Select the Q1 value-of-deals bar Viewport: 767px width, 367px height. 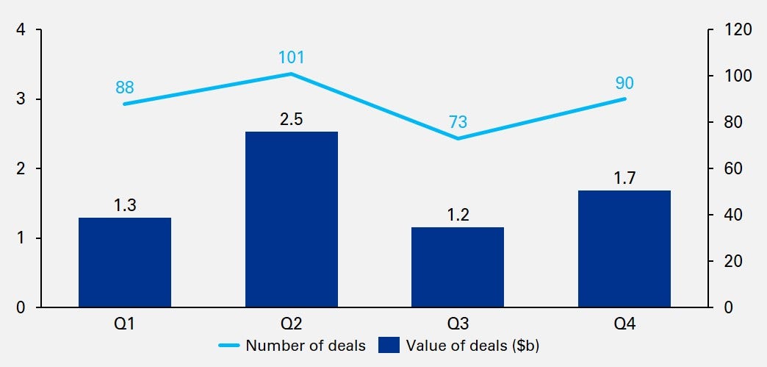125,262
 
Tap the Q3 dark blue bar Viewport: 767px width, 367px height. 458,267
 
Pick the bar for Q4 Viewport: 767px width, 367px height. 624,249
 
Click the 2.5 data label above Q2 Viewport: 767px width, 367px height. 292,118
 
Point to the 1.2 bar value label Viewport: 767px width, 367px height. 458,215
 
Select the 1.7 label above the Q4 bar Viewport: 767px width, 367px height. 624,178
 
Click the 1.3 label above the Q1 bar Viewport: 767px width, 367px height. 125,205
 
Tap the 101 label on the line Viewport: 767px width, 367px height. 292,57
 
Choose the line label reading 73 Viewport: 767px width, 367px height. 458,122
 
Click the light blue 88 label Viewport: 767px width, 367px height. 125,88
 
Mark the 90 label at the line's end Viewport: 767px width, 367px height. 624,82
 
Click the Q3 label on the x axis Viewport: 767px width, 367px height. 458,323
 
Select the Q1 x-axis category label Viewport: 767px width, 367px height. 125,323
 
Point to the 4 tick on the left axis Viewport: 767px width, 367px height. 21,30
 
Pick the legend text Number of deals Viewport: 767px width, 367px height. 306,345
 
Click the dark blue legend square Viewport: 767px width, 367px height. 389,345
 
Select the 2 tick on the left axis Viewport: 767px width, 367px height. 21,169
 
